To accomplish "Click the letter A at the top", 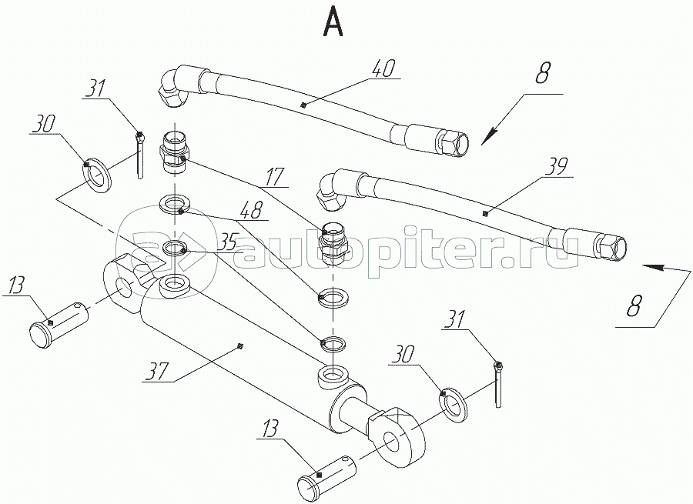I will tap(333, 22).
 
